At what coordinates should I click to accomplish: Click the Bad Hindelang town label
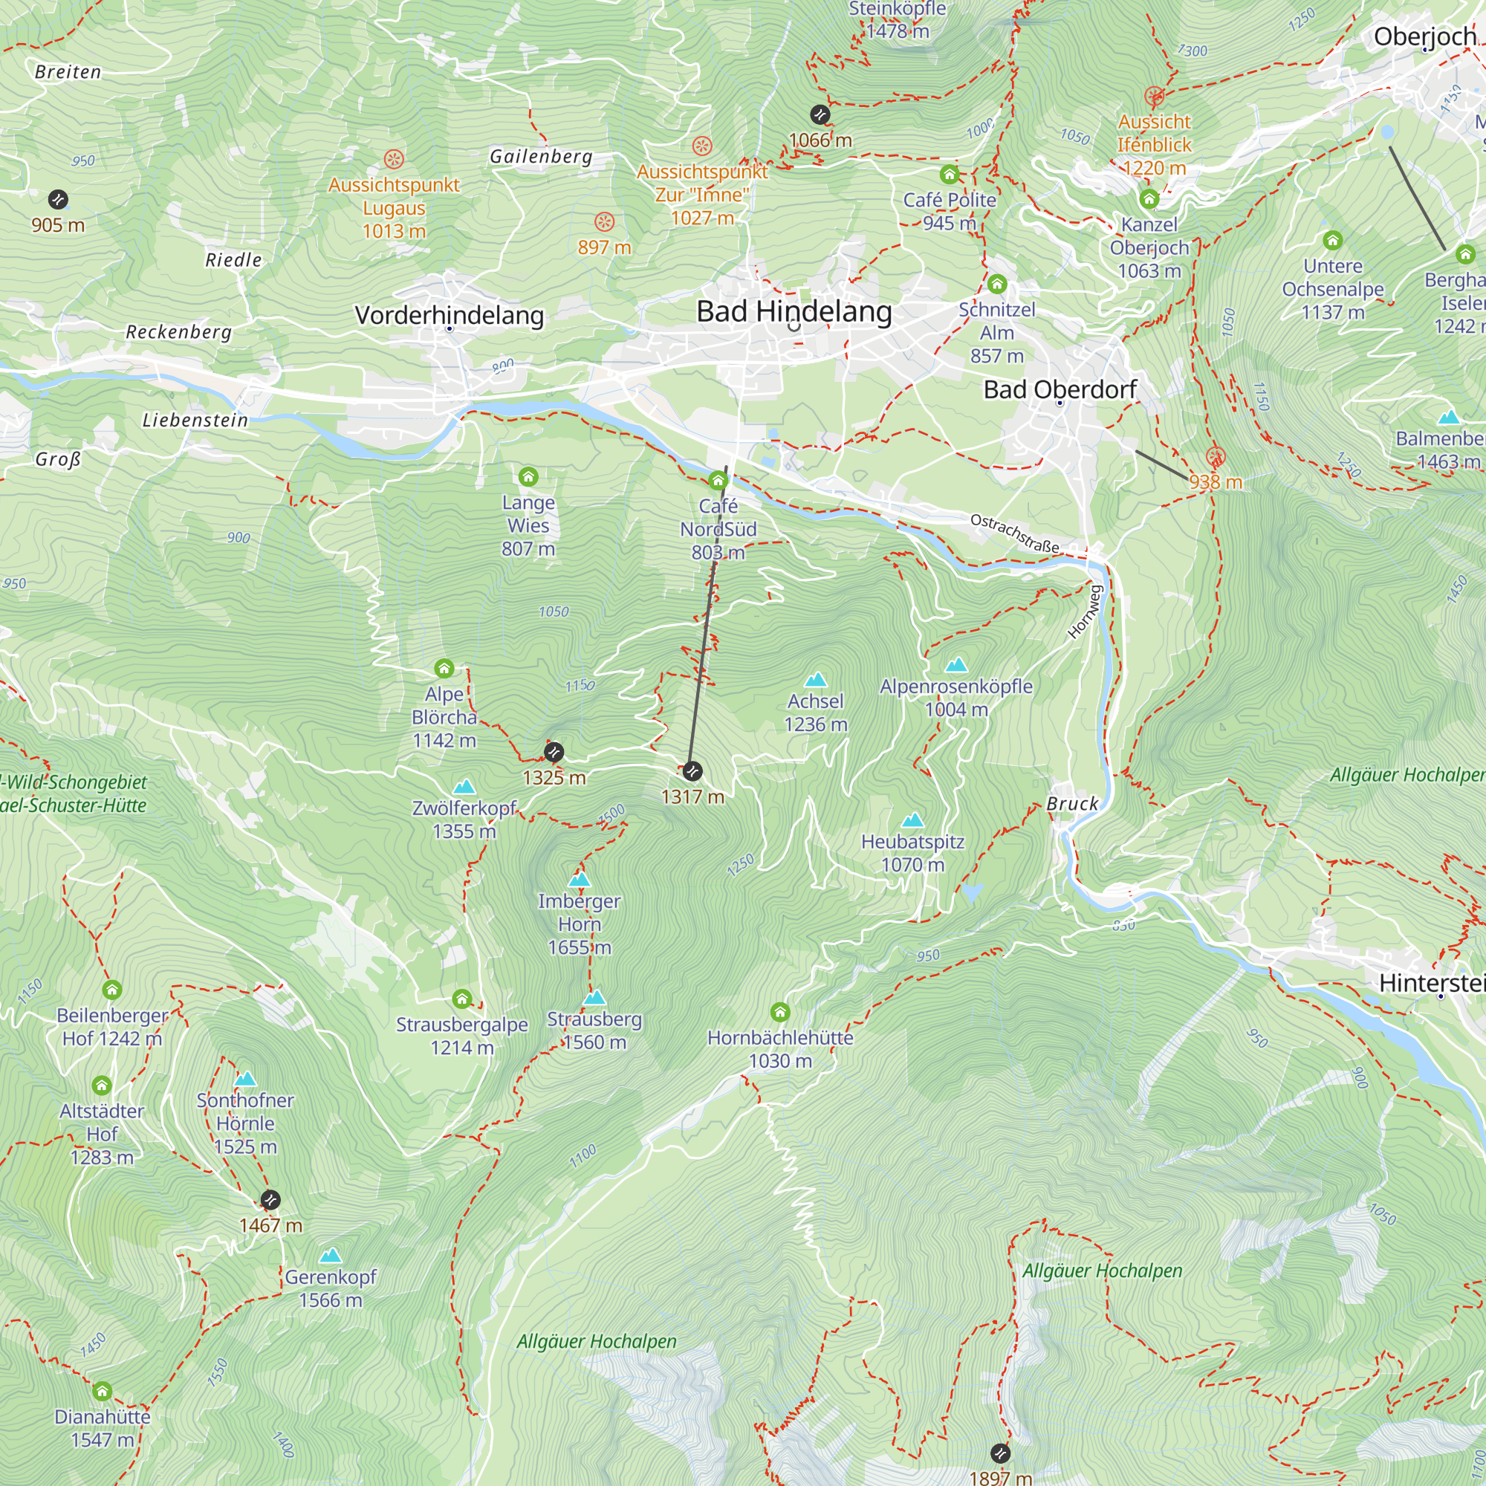(794, 311)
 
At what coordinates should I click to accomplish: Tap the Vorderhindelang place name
(450, 315)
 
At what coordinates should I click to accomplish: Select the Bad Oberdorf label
(1060, 389)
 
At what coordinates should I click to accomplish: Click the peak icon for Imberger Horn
(580, 879)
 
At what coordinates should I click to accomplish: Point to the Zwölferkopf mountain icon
(464, 786)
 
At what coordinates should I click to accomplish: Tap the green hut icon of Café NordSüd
(718, 481)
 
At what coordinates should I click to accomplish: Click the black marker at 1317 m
(692, 770)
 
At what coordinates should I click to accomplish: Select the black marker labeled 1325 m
(553, 751)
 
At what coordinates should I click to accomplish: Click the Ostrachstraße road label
(1014, 533)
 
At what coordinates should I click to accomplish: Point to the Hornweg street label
(1086, 611)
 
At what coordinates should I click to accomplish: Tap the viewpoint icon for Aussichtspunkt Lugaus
(394, 159)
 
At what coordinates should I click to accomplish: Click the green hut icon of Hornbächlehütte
(780, 1010)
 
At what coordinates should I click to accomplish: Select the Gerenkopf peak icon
(330, 1255)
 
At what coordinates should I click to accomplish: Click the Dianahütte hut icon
(103, 1391)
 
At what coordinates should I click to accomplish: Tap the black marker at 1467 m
(270, 1199)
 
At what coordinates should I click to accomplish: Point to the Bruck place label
(1072, 804)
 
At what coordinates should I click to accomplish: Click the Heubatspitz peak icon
(912, 820)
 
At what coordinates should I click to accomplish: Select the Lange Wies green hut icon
(528, 477)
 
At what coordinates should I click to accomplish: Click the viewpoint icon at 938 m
(1216, 456)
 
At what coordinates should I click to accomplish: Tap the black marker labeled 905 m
(58, 200)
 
